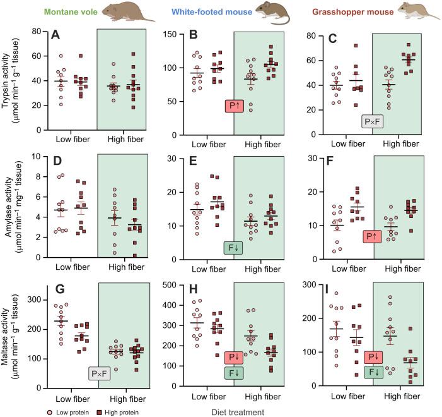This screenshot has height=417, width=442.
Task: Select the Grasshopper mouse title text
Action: pyautogui.click(x=355, y=11)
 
